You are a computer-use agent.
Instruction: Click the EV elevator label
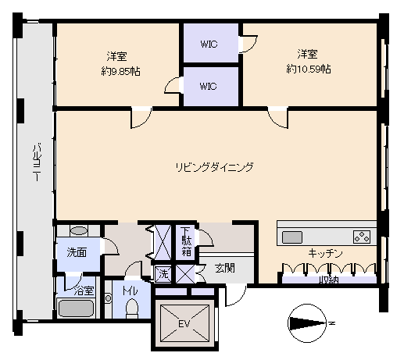[x=184, y=323]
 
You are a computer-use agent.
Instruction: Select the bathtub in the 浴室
[x=76, y=308]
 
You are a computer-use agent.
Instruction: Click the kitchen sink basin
[x=292, y=237]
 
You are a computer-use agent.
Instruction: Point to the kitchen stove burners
[x=362, y=237]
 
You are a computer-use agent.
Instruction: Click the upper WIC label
[x=209, y=44]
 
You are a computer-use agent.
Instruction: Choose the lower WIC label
[x=208, y=86]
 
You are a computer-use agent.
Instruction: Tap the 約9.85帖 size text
[x=120, y=71]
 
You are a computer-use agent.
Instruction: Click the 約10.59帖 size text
[x=309, y=70]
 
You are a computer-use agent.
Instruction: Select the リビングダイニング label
[x=214, y=167]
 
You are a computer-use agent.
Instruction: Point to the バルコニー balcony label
[x=37, y=162]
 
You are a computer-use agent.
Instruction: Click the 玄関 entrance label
[x=225, y=268]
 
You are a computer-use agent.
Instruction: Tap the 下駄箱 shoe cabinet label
[x=187, y=242]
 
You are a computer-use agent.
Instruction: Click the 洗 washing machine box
[x=163, y=274]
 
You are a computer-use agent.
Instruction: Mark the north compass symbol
[x=307, y=323]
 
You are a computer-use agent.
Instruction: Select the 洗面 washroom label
[x=77, y=252]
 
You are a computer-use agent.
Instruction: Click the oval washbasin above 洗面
[x=79, y=230]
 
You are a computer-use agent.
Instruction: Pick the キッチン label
[x=325, y=253]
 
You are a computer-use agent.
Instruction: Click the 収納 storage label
[x=329, y=280]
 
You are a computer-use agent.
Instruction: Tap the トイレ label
[x=130, y=291]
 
